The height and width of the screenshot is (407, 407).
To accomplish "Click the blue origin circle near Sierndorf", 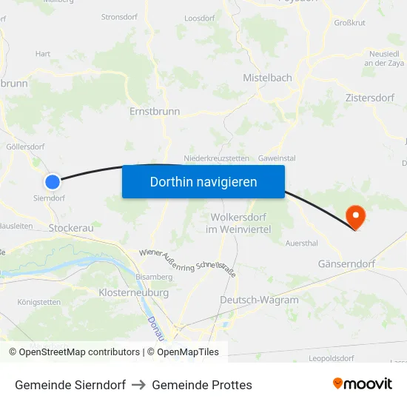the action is click(x=52, y=181).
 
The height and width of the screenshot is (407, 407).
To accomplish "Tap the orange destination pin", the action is click(x=356, y=216).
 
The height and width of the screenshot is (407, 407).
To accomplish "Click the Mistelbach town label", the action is click(x=267, y=78).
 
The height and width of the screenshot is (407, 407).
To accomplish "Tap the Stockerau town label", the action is click(x=71, y=228).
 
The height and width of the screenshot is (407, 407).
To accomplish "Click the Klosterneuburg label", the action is click(x=133, y=292).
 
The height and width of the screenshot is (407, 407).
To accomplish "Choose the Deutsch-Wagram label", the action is click(x=259, y=300).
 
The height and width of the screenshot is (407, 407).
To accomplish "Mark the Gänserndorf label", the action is click(x=346, y=263).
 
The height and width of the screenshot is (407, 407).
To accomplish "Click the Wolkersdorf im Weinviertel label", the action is click(x=241, y=223).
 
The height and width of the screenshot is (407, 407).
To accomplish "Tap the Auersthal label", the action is click(x=301, y=243).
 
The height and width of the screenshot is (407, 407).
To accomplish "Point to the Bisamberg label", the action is click(x=155, y=277).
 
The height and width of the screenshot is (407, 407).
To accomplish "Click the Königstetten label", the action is click(x=39, y=302).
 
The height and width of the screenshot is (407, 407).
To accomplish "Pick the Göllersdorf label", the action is click(x=25, y=147).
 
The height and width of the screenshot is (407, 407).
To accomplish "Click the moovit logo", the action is click(x=362, y=384).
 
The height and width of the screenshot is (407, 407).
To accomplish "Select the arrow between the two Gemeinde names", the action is click(x=138, y=385).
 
